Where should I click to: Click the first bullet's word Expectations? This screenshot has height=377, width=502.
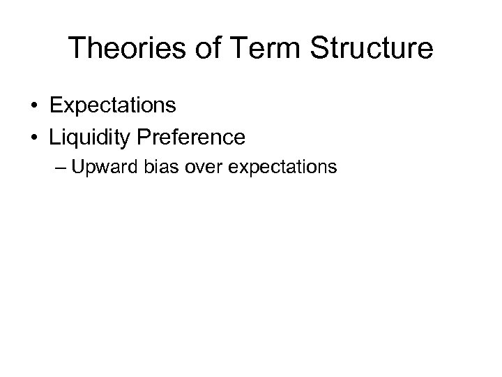click(x=112, y=106)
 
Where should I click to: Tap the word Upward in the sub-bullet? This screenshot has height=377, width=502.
click(x=114, y=168)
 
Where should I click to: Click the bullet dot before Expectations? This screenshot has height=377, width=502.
click(x=33, y=107)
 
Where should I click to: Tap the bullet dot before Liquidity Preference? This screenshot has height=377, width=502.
click(x=33, y=138)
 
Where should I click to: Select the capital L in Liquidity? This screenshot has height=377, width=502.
click(x=54, y=138)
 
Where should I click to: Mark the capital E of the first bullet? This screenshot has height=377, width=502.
click(x=55, y=106)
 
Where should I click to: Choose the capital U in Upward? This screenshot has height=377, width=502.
click(x=89, y=168)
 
